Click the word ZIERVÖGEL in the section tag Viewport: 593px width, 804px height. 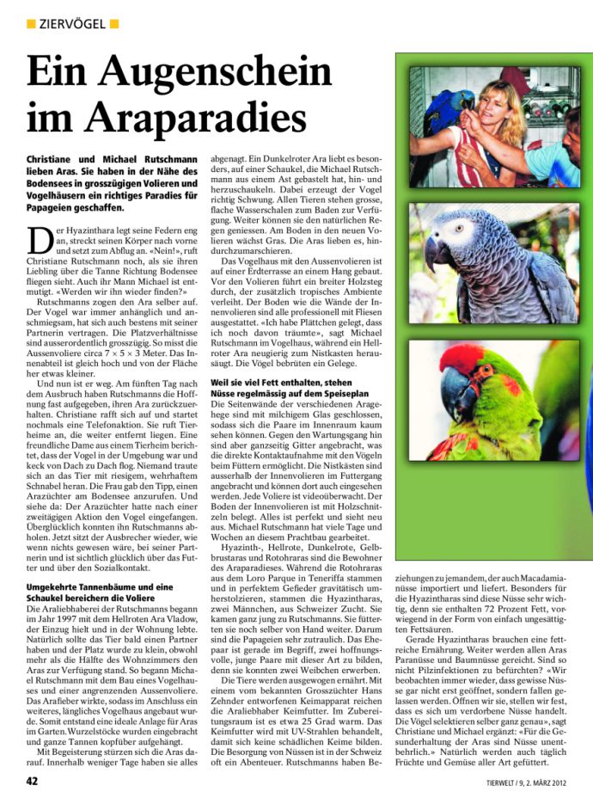pos(73,22)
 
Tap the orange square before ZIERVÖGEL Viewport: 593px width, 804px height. pos(31,22)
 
